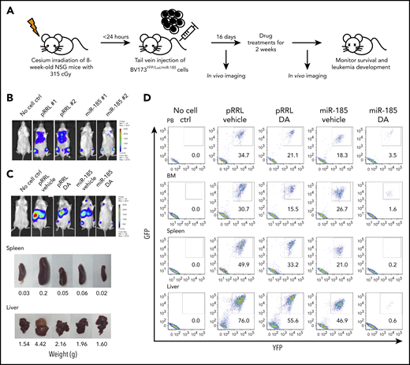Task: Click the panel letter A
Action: click(x=6, y=8)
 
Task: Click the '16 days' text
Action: click(x=228, y=48)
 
